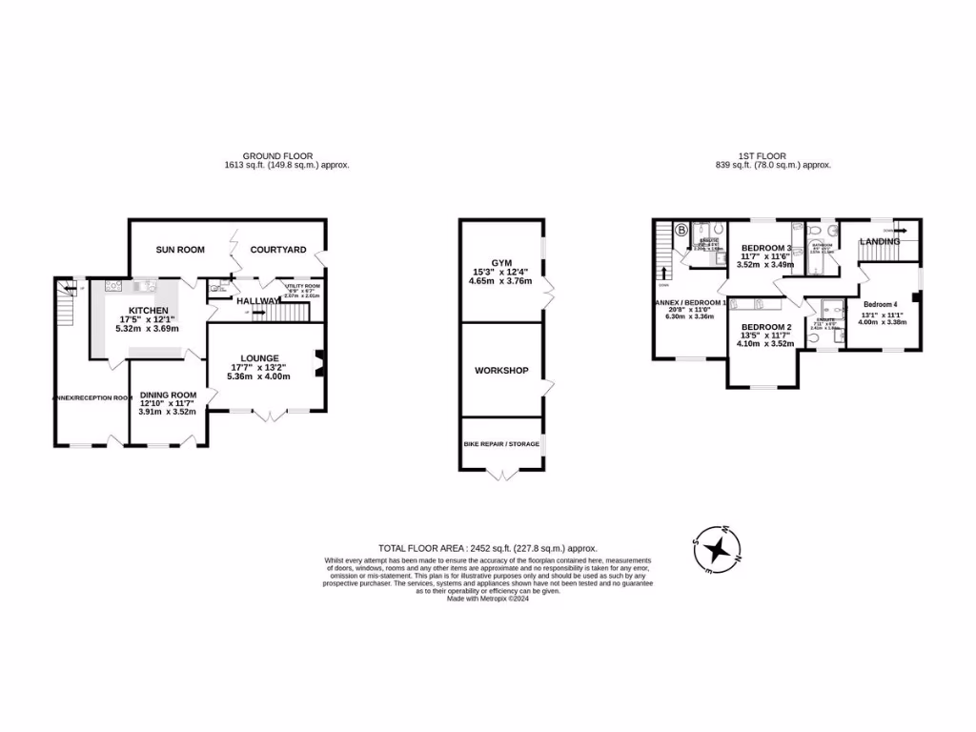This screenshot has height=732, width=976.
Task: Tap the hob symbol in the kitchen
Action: pyautogui.click(x=113, y=284)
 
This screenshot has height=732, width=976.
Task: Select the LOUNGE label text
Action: pyautogui.click(x=260, y=357)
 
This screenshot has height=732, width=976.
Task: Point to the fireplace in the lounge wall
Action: pyautogui.click(x=321, y=359)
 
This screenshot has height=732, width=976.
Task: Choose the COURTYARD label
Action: pyautogui.click(x=277, y=250)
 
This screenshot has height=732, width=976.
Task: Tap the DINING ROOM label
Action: pyautogui.click(x=168, y=395)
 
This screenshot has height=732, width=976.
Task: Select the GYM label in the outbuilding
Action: pyautogui.click(x=501, y=262)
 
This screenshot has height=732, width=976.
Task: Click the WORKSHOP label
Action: pyautogui.click(x=501, y=371)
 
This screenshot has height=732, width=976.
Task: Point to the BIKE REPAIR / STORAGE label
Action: pyautogui.click(x=501, y=444)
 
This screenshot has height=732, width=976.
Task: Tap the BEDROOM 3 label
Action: pyautogui.click(x=766, y=248)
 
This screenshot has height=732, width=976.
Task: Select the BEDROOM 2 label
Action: pyautogui.click(x=766, y=327)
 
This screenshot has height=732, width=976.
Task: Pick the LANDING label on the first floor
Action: pyautogui.click(x=879, y=242)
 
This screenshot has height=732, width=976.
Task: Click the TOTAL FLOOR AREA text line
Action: pyautogui.click(x=487, y=548)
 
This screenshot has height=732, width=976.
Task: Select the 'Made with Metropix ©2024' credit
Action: pyautogui.click(x=487, y=599)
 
